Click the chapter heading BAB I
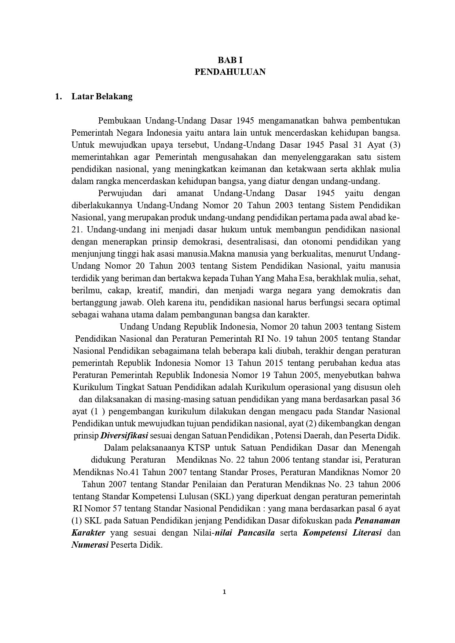click(x=230, y=60)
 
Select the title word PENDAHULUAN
click(x=230, y=72)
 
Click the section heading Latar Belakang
click(x=102, y=97)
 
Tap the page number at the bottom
click(x=224, y=592)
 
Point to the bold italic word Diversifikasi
click(x=124, y=436)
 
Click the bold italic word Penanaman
click(x=378, y=521)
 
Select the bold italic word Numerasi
click(x=90, y=545)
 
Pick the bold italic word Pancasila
click(x=256, y=533)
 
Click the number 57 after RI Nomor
click(x=116, y=508)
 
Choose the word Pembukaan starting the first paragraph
click(x=120, y=121)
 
